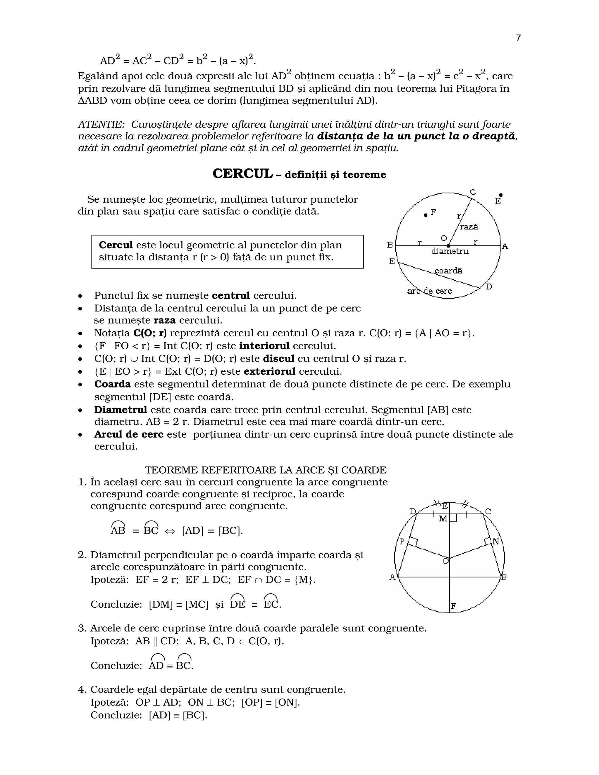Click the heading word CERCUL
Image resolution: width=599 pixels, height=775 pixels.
[243, 174]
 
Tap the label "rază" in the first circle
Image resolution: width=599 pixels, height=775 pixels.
[469, 227]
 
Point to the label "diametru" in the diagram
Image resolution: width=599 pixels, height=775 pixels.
[450, 252]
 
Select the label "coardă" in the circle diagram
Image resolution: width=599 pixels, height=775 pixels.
[449, 271]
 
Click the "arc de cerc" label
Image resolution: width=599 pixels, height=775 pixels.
[429, 291]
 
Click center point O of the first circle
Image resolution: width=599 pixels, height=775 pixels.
[449, 246]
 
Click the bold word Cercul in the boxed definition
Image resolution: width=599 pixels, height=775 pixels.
[116, 245]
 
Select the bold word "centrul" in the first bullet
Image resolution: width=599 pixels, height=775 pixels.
[231, 296]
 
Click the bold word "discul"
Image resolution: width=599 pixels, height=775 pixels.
[278, 359]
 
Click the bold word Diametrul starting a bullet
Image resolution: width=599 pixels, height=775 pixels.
[121, 410]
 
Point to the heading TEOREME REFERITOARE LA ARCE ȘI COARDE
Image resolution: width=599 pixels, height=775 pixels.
[266, 470]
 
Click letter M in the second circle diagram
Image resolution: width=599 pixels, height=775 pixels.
[443, 519]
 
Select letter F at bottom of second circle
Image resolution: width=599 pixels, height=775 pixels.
[454, 607]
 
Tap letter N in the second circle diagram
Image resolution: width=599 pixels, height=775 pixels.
[496, 542]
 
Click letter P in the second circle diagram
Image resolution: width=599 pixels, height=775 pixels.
[402, 542]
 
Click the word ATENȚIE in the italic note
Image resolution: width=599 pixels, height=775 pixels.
[101, 125]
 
